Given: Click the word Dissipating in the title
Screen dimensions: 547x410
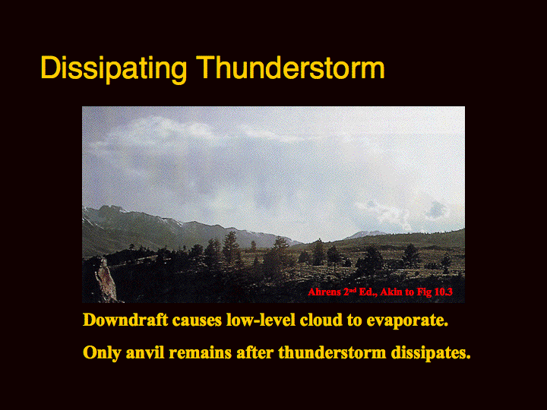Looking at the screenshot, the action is click(x=114, y=68).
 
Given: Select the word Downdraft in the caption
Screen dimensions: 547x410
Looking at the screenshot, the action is click(x=125, y=320).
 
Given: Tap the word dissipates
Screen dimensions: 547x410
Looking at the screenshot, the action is click(x=431, y=353).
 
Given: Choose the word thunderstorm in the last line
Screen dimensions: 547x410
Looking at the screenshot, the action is click(x=332, y=352).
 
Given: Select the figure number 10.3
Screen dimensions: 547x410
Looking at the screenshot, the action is click(x=444, y=292).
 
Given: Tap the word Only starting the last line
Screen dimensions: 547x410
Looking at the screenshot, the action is click(x=102, y=353).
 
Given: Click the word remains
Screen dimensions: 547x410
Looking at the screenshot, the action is click(x=201, y=352).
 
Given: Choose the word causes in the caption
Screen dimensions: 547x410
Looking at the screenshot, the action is click(x=197, y=320).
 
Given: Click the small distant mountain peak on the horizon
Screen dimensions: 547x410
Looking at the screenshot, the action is click(x=365, y=235).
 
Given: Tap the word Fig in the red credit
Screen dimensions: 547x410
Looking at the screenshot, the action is click(x=426, y=292).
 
